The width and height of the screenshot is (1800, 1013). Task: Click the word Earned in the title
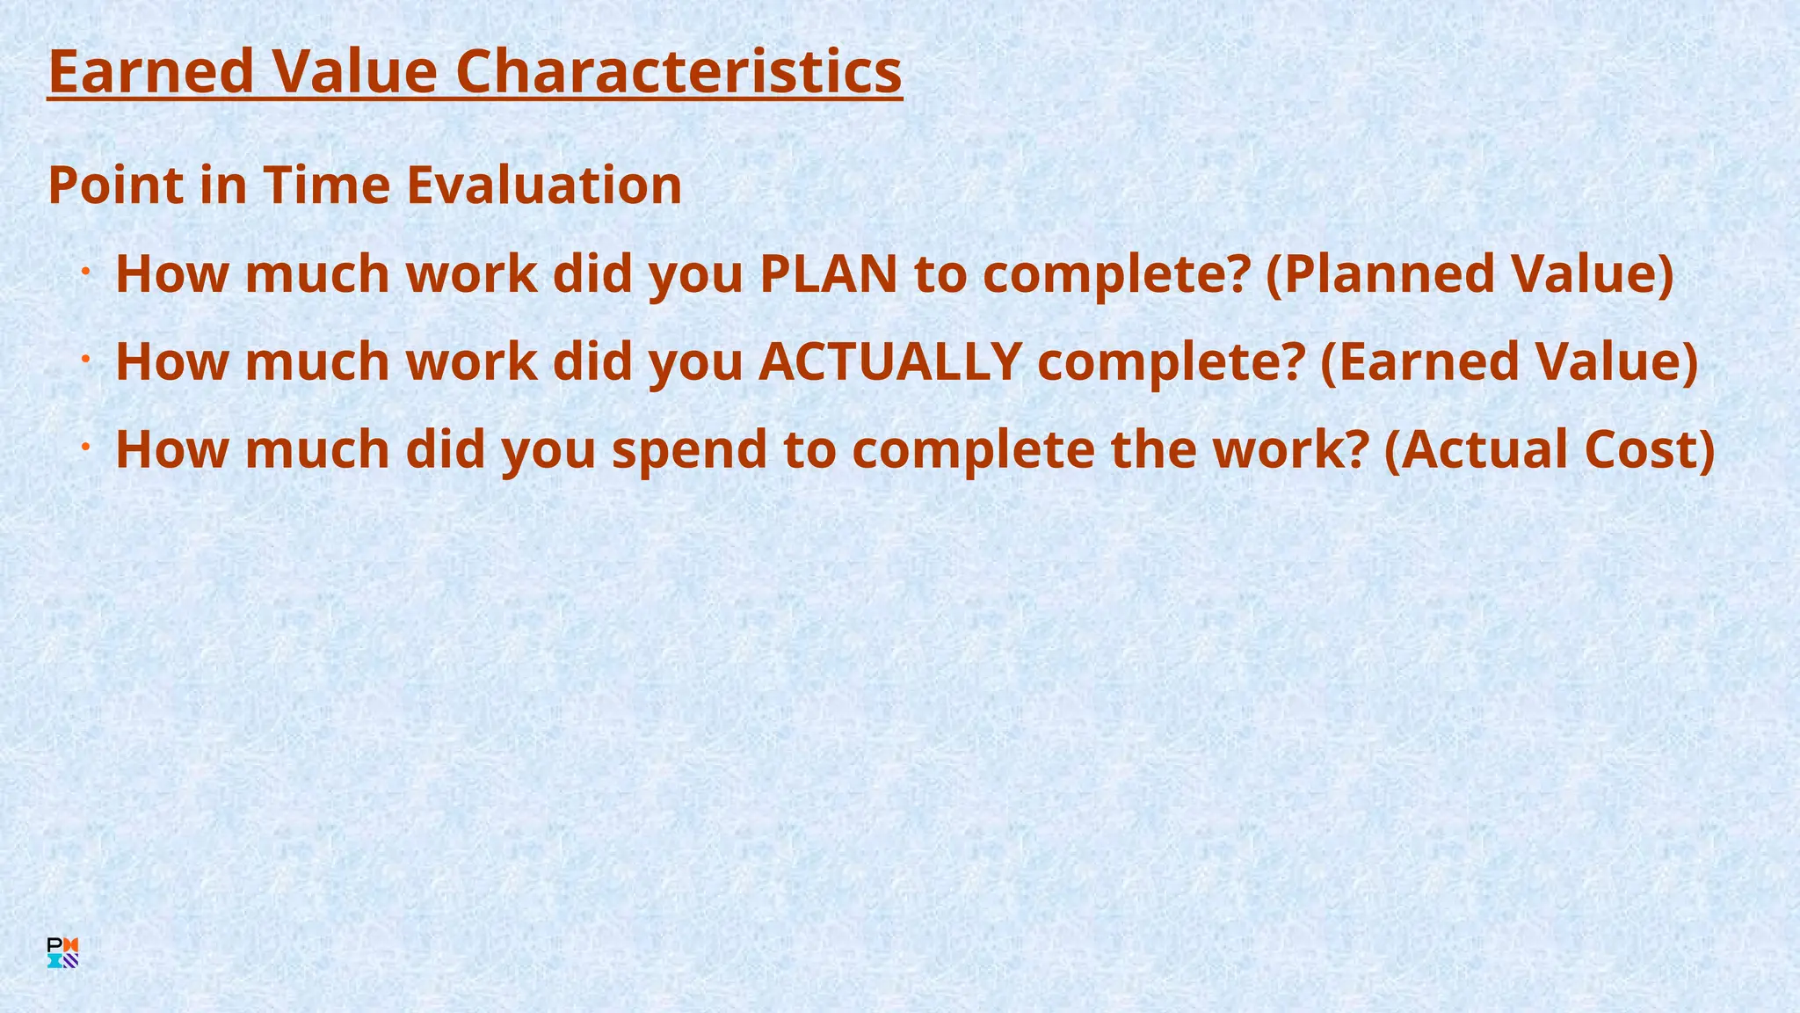150,72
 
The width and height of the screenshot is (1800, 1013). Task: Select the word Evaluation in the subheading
544,186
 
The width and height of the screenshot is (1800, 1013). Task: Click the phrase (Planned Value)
1470,273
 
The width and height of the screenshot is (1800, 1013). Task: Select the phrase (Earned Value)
1509,361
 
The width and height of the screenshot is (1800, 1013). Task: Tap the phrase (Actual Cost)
1550,449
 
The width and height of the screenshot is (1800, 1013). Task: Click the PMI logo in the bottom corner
62,953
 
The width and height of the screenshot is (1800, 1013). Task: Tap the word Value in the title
354,72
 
